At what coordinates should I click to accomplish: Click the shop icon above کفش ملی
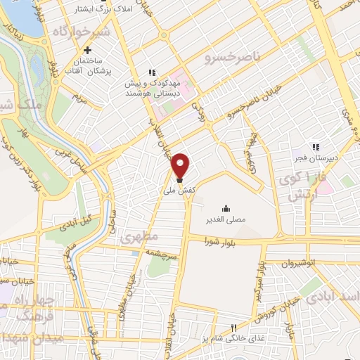tap(179, 179)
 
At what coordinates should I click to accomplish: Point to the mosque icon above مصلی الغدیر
tap(226, 208)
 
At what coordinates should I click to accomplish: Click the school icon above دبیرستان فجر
tap(316, 147)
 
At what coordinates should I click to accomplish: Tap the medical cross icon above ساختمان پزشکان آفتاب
tap(87, 51)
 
